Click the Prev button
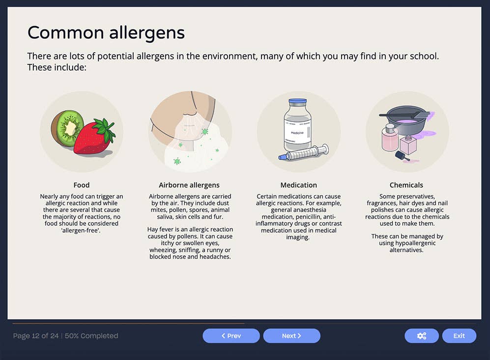tap(231, 336)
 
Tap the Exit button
tap(459, 336)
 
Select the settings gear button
tap(421, 336)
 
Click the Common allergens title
tap(106, 33)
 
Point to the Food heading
tap(82, 185)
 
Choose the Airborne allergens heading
tap(189, 185)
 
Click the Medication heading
tap(298, 185)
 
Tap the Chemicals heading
tap(406, 185)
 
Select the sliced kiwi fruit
tap(69, 127)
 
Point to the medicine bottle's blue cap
tap(297, 101)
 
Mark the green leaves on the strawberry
tap(105, 129)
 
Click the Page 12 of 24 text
tap(35, 336)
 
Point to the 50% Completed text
tap(91, 336)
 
